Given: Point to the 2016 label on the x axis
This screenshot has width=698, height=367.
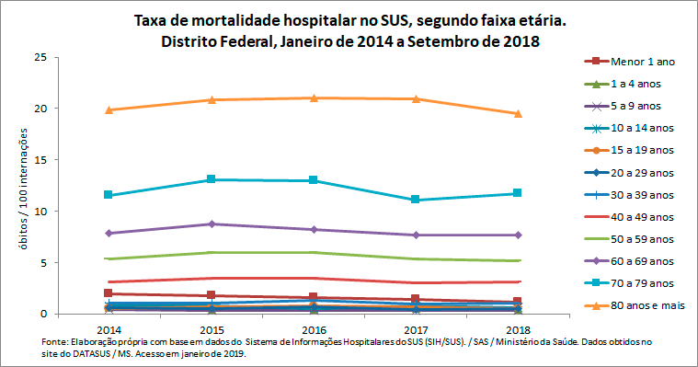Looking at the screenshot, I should [314, 327].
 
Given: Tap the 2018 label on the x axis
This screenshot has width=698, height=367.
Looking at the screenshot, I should [519, 327].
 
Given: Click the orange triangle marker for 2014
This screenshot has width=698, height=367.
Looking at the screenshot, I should [109, 109].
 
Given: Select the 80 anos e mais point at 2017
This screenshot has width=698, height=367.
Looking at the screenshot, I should [416, 98].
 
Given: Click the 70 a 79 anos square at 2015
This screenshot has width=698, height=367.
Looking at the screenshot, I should [212, 179].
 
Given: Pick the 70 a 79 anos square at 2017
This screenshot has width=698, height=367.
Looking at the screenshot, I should [416, 200].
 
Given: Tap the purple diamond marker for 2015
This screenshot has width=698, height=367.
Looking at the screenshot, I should [212, 224].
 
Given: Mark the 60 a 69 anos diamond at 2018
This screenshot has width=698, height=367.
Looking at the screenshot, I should [518, 235].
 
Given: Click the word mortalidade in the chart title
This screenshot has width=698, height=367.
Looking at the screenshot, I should [221, 20].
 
